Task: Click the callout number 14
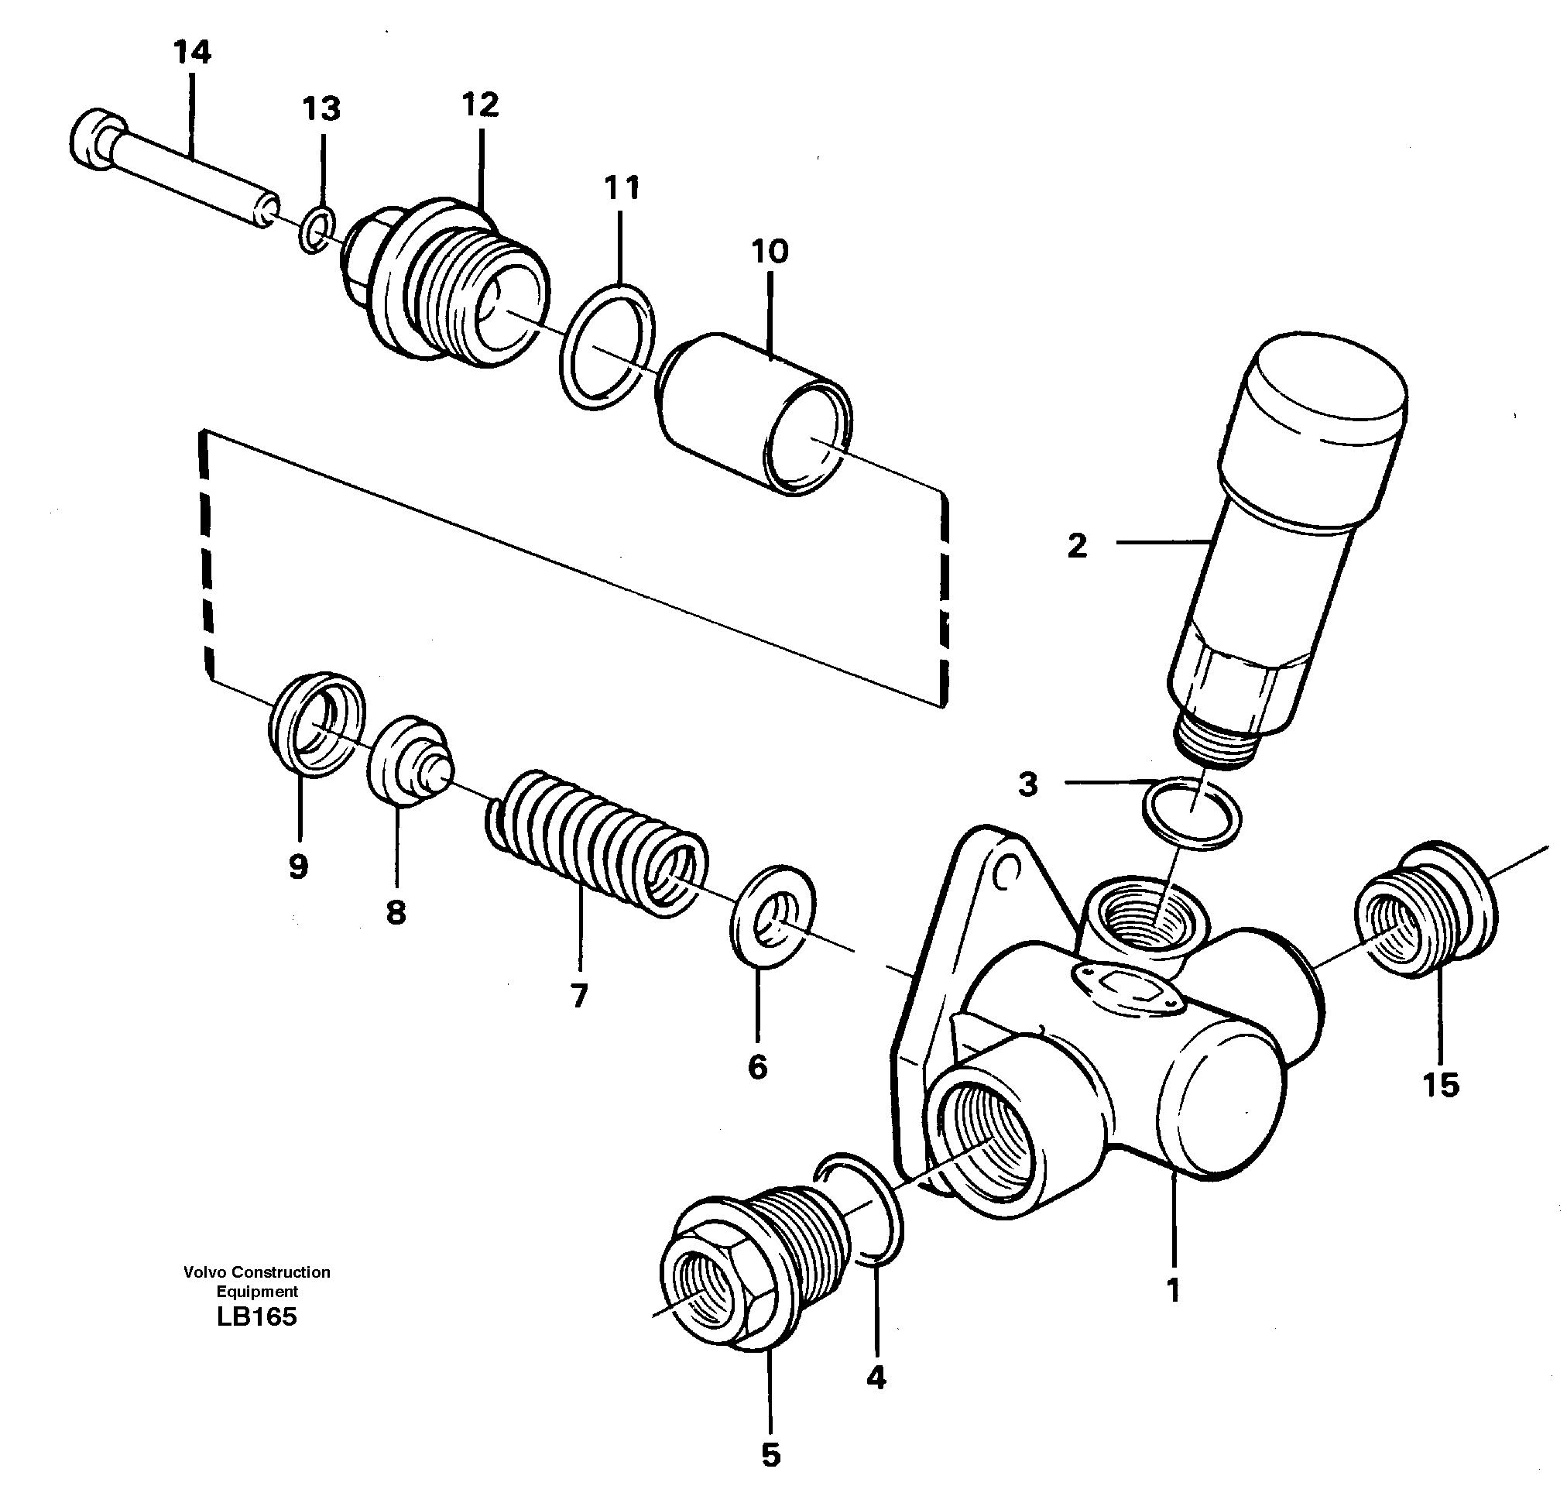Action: tap(192, 53)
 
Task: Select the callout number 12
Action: tap(480, 105)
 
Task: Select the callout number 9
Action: tap(298, 867)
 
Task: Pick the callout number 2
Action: tap(1077, 546)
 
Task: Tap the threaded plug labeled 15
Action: tap(1426, 910)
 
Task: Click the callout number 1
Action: tap(1174, 1290)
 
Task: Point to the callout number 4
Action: tap(876, 1378)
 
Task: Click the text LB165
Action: tap(255, 1317)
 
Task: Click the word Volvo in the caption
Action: tap(204, 1272)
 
